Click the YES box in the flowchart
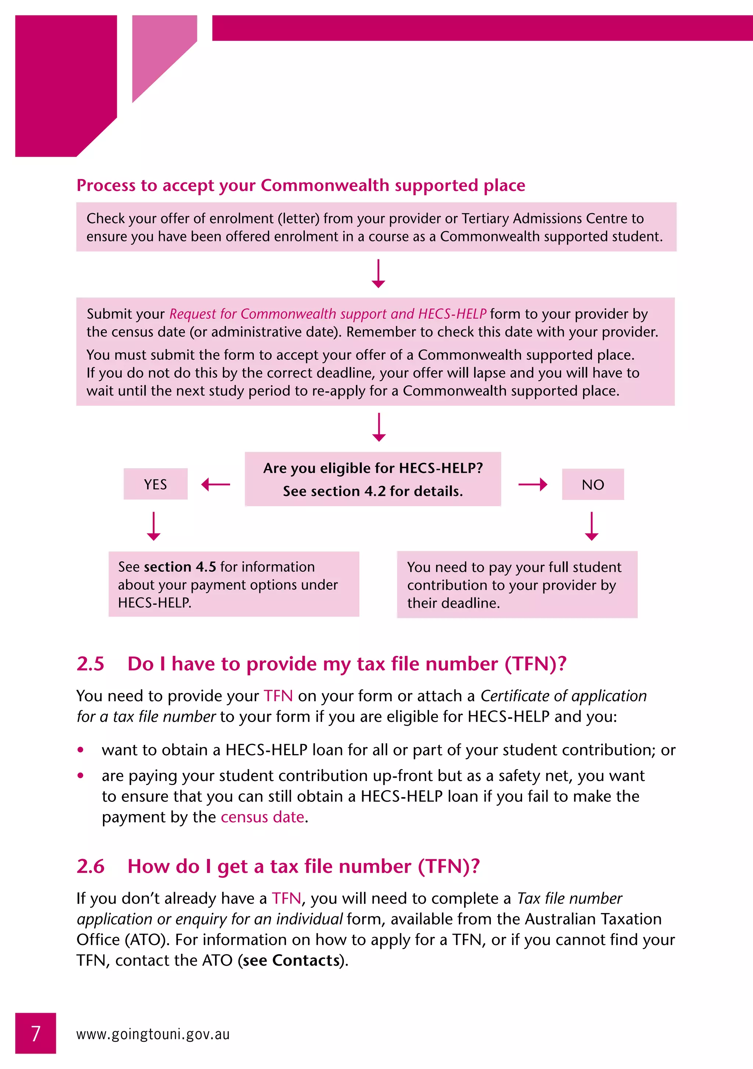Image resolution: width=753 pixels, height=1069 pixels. pos(156,484)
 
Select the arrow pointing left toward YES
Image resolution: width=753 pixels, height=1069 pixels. pos(215,484)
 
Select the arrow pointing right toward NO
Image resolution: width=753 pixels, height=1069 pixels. pos(532,484)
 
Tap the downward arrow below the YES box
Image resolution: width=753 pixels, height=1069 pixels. pos(154,526)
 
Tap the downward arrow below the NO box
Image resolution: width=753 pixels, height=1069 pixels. pos(592,526)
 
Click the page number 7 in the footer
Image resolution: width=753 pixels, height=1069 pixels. pos(36,1033)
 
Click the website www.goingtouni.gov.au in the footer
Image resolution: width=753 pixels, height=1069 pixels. pos(153,1034)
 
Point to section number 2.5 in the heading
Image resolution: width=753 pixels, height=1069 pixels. pos(90,664)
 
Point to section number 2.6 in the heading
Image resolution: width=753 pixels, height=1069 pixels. pos(90,866)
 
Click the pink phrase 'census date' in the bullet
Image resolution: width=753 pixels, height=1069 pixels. pos(263,817)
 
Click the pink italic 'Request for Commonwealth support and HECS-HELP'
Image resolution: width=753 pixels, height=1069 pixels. pos(328,314)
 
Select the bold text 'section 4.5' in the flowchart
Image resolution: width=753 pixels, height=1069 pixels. pos(180,567)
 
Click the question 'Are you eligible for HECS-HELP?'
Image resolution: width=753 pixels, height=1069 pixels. pos(373,468)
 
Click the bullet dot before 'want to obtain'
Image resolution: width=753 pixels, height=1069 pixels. pos(81,750)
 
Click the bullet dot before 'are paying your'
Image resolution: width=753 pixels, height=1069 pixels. pos(81,776)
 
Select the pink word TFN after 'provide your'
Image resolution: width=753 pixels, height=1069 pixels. pos(278,696)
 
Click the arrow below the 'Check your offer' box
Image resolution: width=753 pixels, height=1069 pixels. pos(378,274)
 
